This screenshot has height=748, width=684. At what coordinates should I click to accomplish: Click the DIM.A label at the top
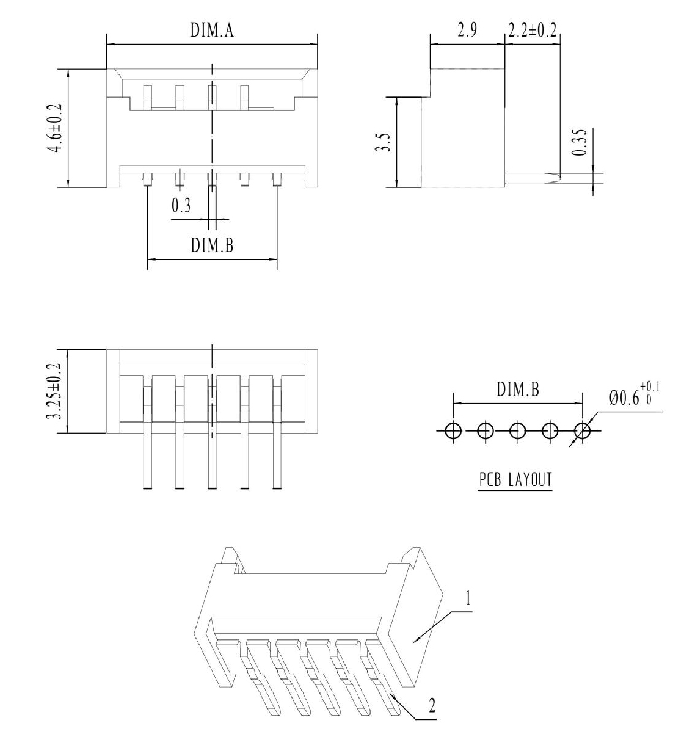212,30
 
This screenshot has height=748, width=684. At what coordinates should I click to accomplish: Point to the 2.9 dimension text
467,30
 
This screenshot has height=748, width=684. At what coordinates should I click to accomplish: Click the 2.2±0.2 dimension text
533,30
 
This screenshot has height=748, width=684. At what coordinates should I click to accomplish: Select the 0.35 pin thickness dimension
579,142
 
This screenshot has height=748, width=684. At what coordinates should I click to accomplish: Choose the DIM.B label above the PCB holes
518,390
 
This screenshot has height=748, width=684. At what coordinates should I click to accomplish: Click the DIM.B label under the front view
212,245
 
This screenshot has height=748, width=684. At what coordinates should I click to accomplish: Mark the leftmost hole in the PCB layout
453,431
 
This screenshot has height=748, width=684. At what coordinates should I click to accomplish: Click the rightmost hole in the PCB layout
583,431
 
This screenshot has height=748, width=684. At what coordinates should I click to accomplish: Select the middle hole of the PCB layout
518,431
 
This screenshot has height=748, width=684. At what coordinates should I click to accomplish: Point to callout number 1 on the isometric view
468,599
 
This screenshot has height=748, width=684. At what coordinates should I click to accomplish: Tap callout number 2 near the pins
432,705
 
